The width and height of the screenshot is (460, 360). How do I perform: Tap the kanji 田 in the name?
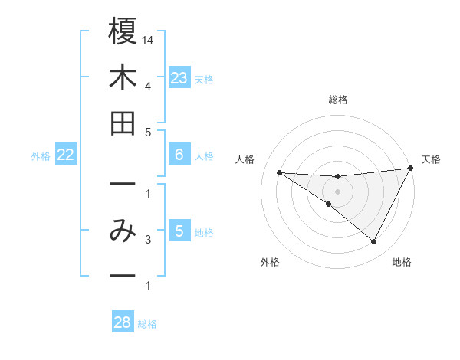[x=123, y=123]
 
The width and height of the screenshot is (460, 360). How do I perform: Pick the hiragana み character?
[x=123, y=230]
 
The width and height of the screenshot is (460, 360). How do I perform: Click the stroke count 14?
[x=149, y=40]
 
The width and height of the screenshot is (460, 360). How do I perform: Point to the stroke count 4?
[x=147, y=85]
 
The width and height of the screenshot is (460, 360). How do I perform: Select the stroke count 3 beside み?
[x=147, y=240]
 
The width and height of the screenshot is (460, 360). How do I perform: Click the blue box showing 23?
[x=179, y=77]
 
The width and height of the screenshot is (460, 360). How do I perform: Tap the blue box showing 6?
[x=179, y=155]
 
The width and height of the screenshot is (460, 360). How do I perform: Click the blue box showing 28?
[x=122, y=322]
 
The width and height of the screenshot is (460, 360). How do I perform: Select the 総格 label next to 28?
[x=147, y=324]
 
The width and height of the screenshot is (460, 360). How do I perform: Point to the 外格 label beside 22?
[x=41, y=156]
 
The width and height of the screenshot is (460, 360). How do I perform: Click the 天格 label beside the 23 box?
[x=204, y=79]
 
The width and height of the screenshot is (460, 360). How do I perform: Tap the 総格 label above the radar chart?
[x=338, y=100]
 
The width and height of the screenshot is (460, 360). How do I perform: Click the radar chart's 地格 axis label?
[x=402, y=263]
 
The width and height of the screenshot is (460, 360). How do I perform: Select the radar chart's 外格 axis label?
[x=270, y=263]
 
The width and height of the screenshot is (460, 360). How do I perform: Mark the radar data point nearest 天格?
[x=411, y=169]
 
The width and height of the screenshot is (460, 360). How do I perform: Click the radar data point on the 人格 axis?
[x=279, y=172]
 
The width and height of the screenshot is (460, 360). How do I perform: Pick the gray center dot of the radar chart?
[x=337, y=191]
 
